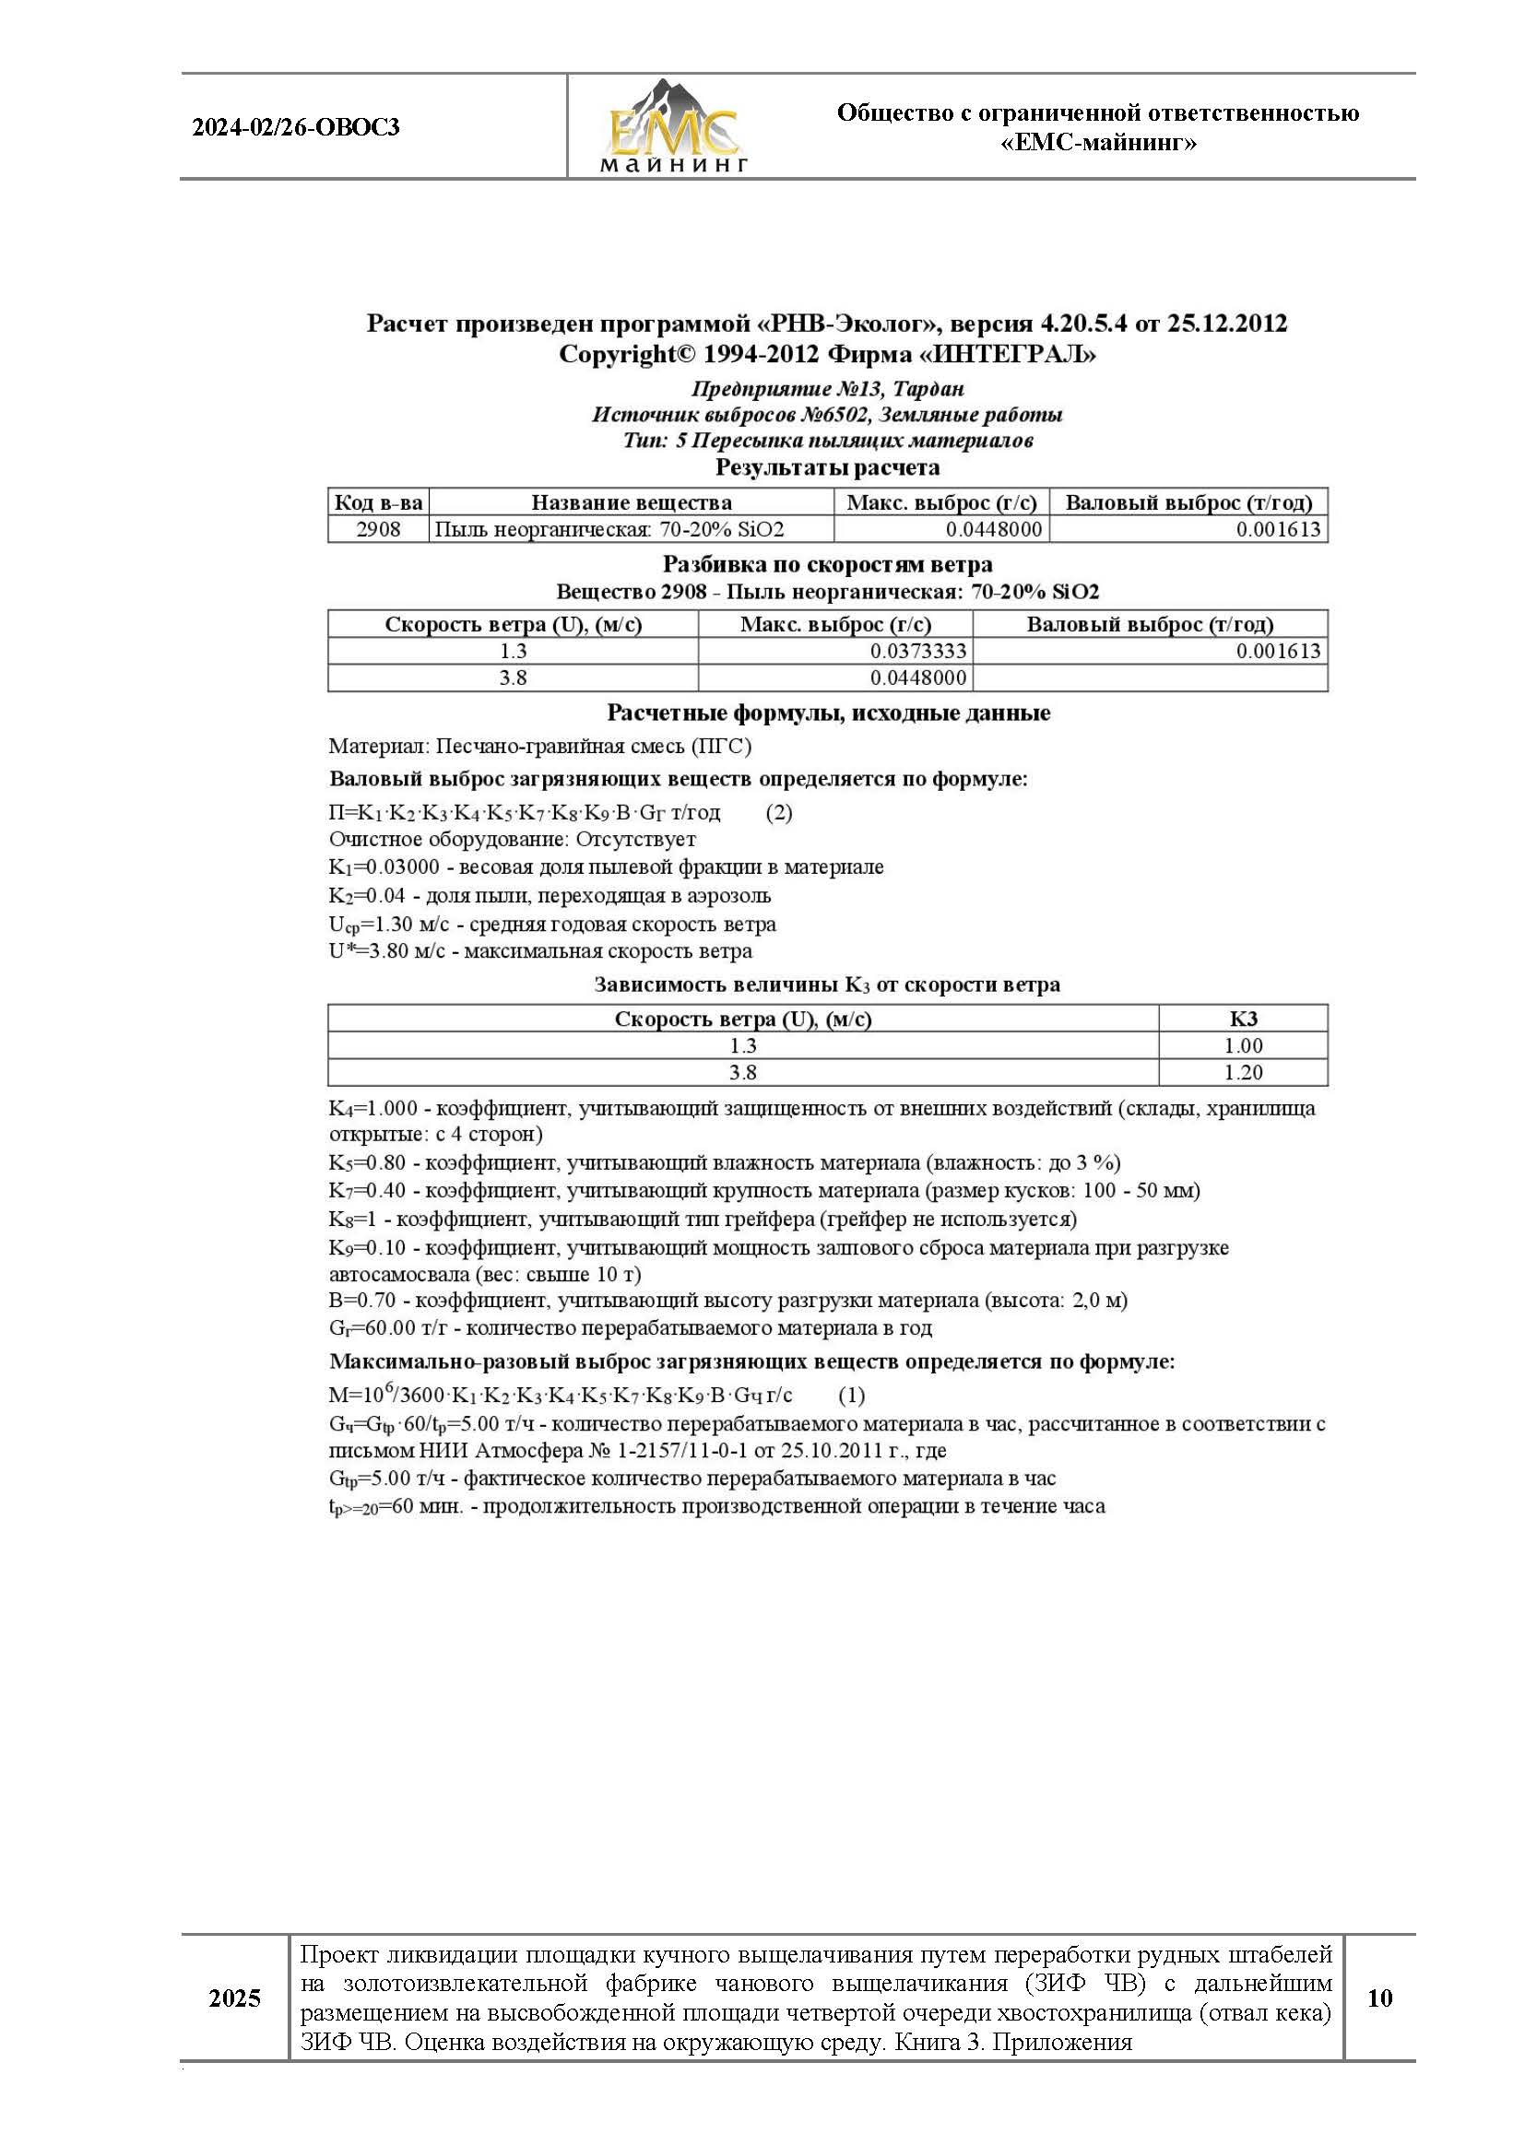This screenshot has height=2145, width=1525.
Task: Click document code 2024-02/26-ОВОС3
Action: coord(296,127)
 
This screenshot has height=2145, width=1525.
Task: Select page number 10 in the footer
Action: coord(1379,1998)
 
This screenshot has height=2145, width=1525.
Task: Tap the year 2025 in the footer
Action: coord(235,1998)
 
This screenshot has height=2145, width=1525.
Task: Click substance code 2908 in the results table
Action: coord(378,529)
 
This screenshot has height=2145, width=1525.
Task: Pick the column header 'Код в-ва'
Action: coord(378,502)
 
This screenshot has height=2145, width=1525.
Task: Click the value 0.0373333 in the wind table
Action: coord(917,652)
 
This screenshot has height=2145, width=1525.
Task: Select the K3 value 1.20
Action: coord(1243,1072)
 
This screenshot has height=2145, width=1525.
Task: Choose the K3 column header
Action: coord(1243,1019)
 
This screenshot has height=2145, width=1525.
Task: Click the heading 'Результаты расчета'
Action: coord(827,467)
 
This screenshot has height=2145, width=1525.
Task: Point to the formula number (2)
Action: coord(779,813)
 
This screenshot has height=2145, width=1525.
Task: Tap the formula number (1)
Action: coord(851,1395)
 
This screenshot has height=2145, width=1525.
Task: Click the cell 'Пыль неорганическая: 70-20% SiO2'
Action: coord(609,529)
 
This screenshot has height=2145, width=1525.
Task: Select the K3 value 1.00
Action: coord(1243,1045)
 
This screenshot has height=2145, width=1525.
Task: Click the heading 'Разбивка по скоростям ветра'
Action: coord(827,565)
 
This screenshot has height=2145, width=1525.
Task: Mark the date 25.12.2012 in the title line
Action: coord(1227,324)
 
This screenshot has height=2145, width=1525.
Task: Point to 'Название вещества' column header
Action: coord(631,502)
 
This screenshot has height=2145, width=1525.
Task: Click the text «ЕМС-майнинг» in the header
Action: coord(1098,144)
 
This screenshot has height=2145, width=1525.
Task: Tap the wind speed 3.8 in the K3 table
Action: coord(743,1072)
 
